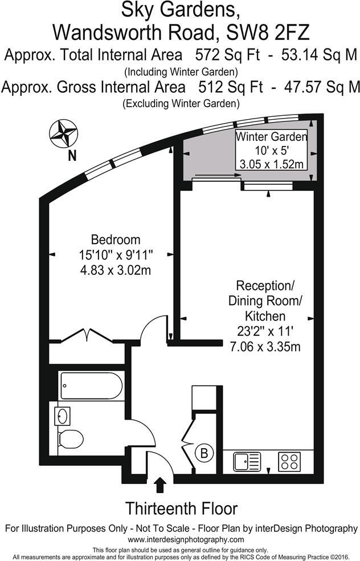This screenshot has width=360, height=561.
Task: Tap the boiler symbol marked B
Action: (203, 454)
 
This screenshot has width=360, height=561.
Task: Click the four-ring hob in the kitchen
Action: (289, 460)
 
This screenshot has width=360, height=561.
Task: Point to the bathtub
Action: (91, 386)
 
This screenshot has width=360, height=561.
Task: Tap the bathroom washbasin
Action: (63, 415)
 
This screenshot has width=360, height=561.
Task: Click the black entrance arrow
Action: (160, 485)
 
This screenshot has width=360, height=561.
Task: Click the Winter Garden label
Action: (272, 137)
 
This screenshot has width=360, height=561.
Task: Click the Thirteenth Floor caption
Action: (181, 508)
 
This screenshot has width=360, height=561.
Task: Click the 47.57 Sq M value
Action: (322, 87)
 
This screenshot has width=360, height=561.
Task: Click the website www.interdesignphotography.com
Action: (186, 539)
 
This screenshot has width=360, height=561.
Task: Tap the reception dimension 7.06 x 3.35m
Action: (265, 345)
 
